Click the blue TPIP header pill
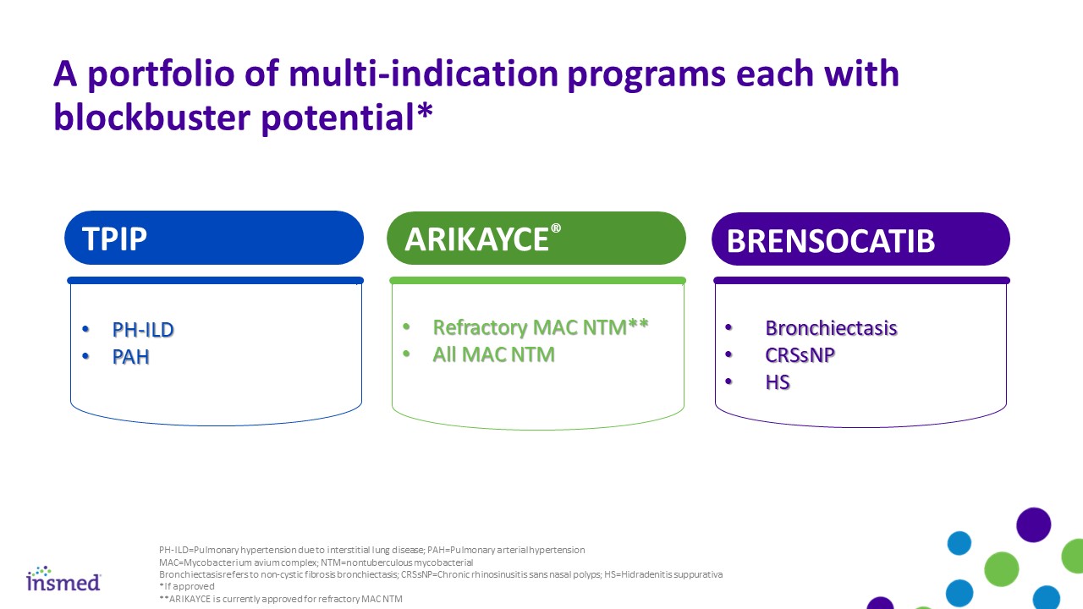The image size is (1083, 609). click(214, 238)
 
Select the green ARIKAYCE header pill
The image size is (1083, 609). click(536, 239)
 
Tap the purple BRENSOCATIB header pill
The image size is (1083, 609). click(860, 239)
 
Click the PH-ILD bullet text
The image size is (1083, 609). click(143, 330)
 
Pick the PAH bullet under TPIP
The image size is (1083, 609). click(130, 357)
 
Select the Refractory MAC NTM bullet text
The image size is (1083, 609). click(541, 327)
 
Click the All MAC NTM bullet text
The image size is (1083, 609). click(493, 354)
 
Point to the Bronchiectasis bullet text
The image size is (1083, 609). click(831, 328)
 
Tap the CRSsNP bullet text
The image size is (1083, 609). click(800, 355)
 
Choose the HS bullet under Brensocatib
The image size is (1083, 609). click(778, 382)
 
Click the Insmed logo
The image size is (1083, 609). click(63, 579)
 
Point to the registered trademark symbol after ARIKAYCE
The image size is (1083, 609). click(556, 228)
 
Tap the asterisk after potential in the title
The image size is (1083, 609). click(424, 110)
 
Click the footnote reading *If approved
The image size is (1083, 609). click(187, 586)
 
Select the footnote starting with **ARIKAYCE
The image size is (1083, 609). click(280, 599)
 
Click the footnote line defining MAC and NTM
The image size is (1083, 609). click(316, 562)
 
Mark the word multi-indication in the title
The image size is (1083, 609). click(424, 74)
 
